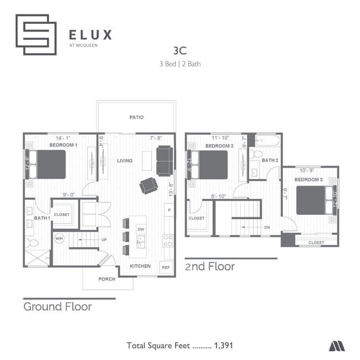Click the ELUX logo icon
coord(36,34)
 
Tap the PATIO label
coord(136,117)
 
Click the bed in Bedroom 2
coord(210,164)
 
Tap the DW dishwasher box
coord(141,229)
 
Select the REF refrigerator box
coord(166,267)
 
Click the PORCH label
coord(107,279)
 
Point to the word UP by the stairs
coord(104,240)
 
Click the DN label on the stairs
coord(267,228)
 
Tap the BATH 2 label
coord(270,161)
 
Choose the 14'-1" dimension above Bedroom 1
coord(63,138)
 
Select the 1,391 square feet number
coord(223,346)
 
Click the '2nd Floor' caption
coord(209,266)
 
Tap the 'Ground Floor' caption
coord(57,306)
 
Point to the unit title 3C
coord(179,50)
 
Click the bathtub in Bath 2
coord(269,140)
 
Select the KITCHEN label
coord(140,266)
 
